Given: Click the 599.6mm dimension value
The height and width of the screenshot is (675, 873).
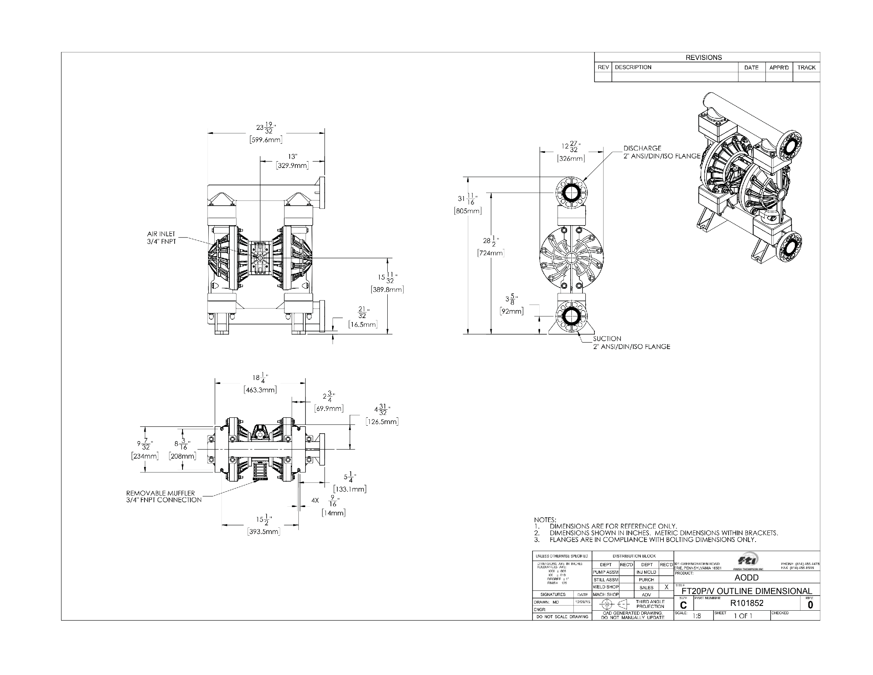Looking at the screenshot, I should pos(266,139).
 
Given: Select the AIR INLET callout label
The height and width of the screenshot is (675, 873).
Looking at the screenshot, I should pos(161,237).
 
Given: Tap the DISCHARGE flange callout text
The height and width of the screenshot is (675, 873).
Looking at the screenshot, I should pos(661,152).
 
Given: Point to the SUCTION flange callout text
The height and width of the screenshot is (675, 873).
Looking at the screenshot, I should pos(631,343).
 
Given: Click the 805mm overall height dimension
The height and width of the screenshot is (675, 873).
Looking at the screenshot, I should pos(468,211).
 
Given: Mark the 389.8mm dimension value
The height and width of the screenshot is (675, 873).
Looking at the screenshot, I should pos(387,289).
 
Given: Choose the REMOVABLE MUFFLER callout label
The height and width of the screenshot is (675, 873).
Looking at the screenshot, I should pos(163,496).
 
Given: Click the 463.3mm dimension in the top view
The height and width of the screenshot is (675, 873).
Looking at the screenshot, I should pos(260,390).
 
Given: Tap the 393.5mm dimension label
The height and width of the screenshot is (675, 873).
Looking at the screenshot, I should pos(263,532).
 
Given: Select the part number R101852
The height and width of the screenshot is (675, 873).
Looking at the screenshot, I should pos(747,603).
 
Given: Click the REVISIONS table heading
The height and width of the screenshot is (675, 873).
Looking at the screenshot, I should pos(704,58).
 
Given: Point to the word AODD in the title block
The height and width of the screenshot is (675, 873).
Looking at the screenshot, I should pos(746,577).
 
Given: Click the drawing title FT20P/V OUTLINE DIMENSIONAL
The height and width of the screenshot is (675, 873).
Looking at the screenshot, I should pos(746,591).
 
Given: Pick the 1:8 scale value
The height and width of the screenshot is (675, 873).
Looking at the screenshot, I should pos(697,616).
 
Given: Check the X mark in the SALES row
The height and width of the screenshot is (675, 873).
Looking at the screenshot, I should pos(666,587).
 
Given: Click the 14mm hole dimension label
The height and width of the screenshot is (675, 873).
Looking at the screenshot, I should pos(333,513).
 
